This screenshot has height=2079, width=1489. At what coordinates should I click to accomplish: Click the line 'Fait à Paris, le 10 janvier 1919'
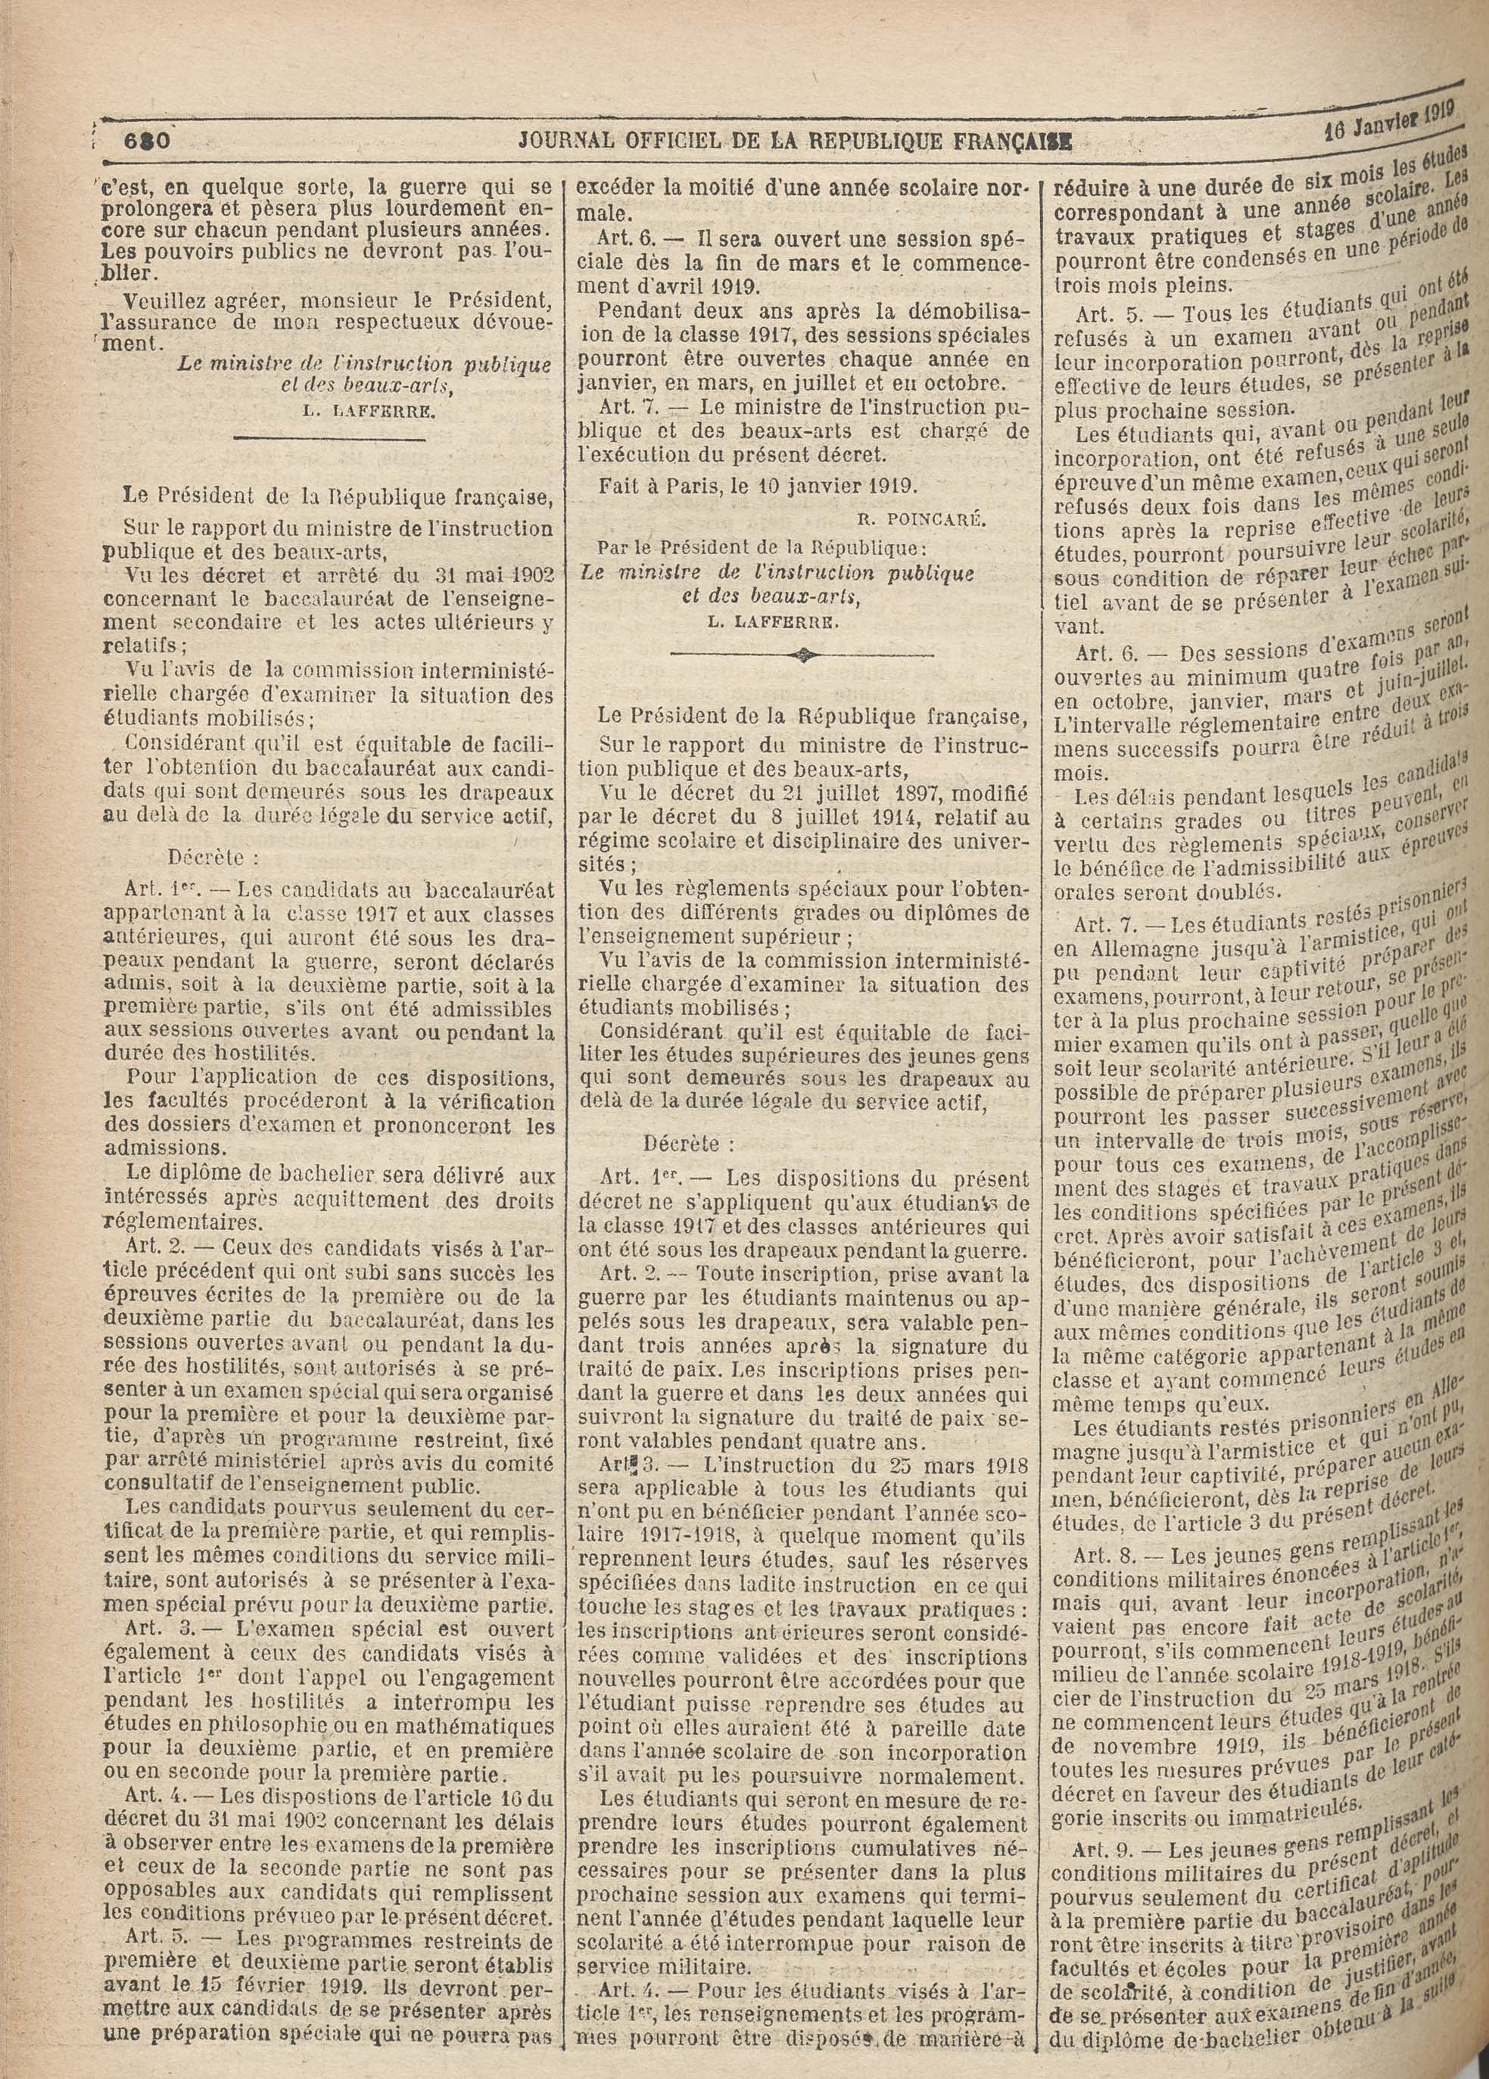756,487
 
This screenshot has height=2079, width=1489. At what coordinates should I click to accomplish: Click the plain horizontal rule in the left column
329,442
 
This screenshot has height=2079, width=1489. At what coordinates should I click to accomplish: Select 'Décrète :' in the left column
208,859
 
